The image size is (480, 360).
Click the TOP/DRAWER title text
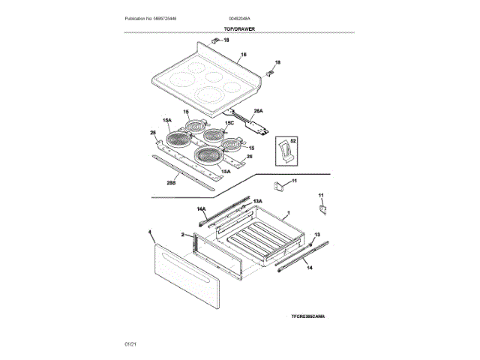coord(240,29)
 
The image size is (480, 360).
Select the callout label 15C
coord(230,121)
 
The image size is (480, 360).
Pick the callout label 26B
coord(172,181)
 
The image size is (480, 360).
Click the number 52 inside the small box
coord(293,140)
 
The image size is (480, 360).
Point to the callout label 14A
coord(202,209)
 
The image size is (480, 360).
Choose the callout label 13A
coord(257,201)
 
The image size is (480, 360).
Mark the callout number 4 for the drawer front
coord(151,232)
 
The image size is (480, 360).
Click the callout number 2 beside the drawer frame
coord(182,235)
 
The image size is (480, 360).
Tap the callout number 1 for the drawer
coord(287,214)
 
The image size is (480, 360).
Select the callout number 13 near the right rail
coord(316,235)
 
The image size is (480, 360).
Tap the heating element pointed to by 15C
coord(216,136)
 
